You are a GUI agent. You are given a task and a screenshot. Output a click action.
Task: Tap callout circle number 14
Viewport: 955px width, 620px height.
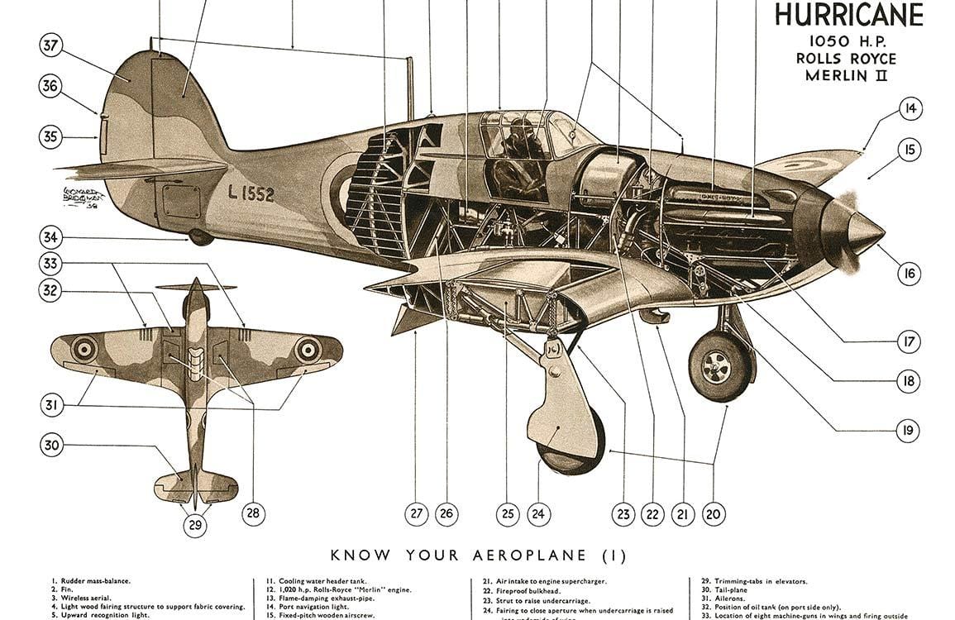(x=910, y=108)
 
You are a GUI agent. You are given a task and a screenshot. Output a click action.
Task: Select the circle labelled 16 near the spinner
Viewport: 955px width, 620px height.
(x=910, y=274)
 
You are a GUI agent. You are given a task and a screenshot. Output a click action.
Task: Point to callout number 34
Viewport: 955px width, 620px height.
(x=50, y=238)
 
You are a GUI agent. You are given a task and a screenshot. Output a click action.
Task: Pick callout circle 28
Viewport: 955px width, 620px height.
(x=253, y=513)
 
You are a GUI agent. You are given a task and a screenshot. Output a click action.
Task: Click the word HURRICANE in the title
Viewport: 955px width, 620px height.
(x=848, y=15)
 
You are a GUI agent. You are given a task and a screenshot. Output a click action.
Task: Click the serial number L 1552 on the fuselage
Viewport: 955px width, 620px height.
(x=251, y=193)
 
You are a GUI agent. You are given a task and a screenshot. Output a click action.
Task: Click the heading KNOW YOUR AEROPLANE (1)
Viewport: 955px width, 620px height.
(x=478, y=556)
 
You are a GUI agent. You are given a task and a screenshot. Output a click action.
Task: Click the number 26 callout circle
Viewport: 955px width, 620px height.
(x=446, y=514)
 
